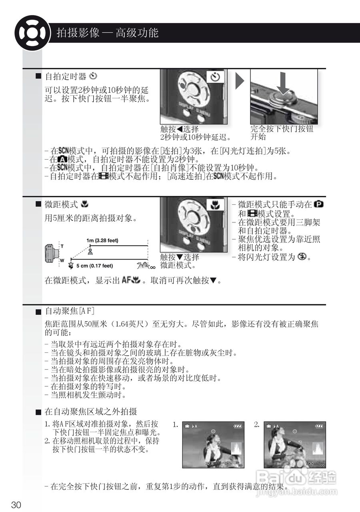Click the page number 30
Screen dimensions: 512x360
tap(16, 505)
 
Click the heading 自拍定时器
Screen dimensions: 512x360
tap(66, 76)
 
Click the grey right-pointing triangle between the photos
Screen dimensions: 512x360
tap(239, 81)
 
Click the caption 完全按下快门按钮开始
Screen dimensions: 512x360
tap(282, 133)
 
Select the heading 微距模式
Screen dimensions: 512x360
tap(61, 204)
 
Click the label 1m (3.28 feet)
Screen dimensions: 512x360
tap(102, 240)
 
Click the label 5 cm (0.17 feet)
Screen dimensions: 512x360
tap(95, 266)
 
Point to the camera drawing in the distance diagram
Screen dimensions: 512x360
tap(52, 253)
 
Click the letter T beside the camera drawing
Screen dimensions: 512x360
tap(62, 246)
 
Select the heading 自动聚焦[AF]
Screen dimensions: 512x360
tap(70, 311)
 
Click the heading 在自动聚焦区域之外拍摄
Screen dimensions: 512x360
tap(91, 412)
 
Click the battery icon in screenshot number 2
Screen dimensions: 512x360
tap(319, 426)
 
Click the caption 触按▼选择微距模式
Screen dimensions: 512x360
tap(179, 261)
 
